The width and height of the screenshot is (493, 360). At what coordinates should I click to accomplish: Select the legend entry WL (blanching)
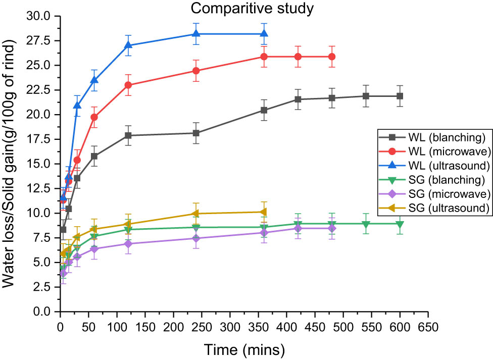point(435,137)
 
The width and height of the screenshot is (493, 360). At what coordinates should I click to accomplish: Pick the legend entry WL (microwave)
point(435,151)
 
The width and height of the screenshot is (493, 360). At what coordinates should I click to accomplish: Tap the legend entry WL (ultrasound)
point(435,165)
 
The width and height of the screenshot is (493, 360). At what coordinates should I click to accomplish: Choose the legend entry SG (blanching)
point(435,179)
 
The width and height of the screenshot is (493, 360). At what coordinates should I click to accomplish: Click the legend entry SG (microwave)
point(435,193)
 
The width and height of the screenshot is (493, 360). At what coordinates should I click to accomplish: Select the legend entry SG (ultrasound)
point(435,208)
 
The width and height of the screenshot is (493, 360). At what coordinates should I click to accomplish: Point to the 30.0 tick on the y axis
point(41,16)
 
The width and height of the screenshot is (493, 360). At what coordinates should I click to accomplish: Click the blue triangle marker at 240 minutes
point(196,34)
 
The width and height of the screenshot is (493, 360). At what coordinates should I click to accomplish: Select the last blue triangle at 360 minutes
point(264,34)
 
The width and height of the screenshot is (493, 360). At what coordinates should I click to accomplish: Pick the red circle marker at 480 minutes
point(332,57)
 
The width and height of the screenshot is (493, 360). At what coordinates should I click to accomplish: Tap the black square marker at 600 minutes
point(400,96)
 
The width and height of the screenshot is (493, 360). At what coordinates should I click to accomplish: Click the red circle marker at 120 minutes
point(128,85)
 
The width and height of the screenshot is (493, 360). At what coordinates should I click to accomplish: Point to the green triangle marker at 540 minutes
point(366,224)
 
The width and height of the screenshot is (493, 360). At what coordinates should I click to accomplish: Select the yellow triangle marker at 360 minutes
point(264,212)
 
